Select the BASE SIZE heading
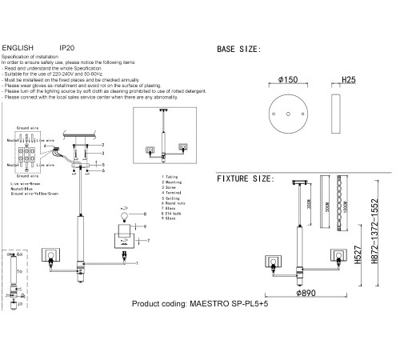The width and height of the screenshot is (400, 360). pyautogui.click(x=238, y=50)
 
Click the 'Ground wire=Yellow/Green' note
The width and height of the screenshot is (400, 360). pyautogui.click(x=36, y=194)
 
